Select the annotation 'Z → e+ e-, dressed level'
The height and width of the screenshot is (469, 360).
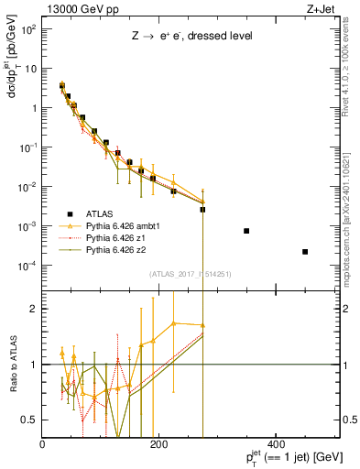191,36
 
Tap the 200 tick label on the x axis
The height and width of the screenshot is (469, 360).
158,444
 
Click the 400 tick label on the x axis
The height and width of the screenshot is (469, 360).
275,444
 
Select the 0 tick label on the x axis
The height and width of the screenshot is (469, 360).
43,444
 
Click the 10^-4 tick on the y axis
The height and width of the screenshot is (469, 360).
27,266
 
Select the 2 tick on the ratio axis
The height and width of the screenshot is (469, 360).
35,309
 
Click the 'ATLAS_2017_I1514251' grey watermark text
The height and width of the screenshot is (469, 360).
191,274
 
